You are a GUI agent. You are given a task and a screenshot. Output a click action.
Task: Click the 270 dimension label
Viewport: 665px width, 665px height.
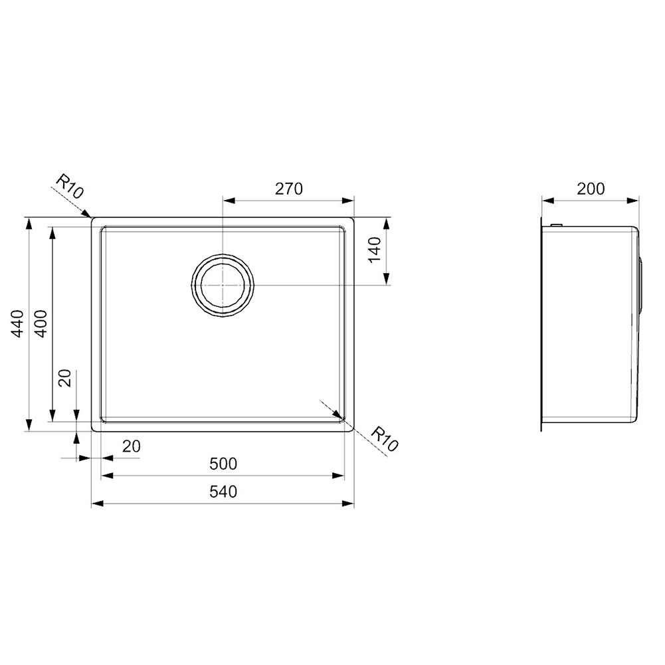pos(289,189)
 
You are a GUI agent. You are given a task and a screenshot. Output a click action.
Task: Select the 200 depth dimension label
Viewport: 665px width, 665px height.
pos(591,189)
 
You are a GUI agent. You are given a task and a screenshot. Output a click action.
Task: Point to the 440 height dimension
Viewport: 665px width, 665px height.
pos(17,324)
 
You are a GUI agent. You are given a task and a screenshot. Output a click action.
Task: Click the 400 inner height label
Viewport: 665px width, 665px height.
pos(41,324)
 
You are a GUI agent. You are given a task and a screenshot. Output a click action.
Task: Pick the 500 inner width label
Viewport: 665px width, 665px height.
pos(223,464)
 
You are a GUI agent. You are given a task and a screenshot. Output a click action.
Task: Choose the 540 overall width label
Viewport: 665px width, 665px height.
pos(223,492)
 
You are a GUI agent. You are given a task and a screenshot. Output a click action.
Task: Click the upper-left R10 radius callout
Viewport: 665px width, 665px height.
pos(70,187)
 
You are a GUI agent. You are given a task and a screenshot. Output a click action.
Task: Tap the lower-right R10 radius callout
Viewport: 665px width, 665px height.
pos(384,439)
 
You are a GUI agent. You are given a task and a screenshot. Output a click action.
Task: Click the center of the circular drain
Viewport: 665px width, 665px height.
pos(223,284)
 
